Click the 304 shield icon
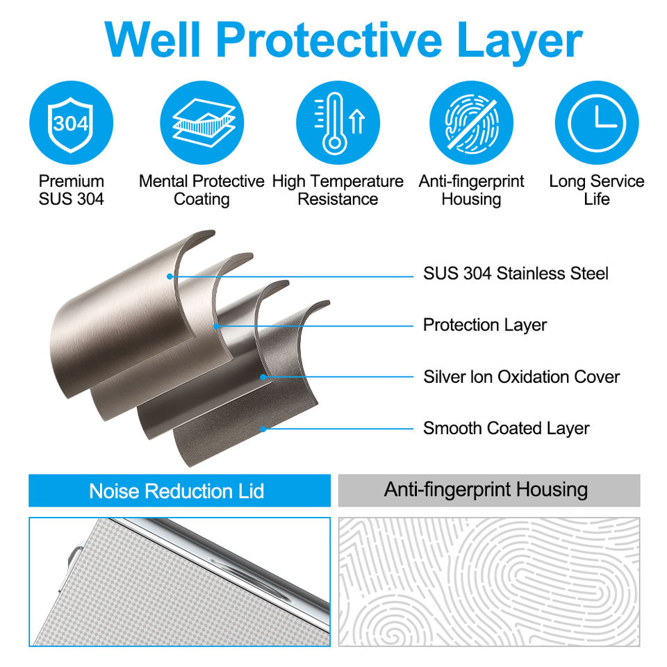71,123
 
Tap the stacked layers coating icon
202,123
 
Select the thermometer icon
338,123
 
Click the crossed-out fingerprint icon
471,123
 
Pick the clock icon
597,123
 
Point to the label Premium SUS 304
71,190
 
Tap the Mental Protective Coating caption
201,190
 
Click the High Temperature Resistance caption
338,190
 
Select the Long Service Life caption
597,190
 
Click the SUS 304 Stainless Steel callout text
516,274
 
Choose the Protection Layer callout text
485,325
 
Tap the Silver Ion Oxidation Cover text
521,377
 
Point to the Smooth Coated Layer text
506,429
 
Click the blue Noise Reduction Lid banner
179,491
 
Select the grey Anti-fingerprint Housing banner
488,490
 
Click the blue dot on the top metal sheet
170,277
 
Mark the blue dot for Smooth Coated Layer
263,429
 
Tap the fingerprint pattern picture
488,582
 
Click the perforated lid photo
179,582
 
